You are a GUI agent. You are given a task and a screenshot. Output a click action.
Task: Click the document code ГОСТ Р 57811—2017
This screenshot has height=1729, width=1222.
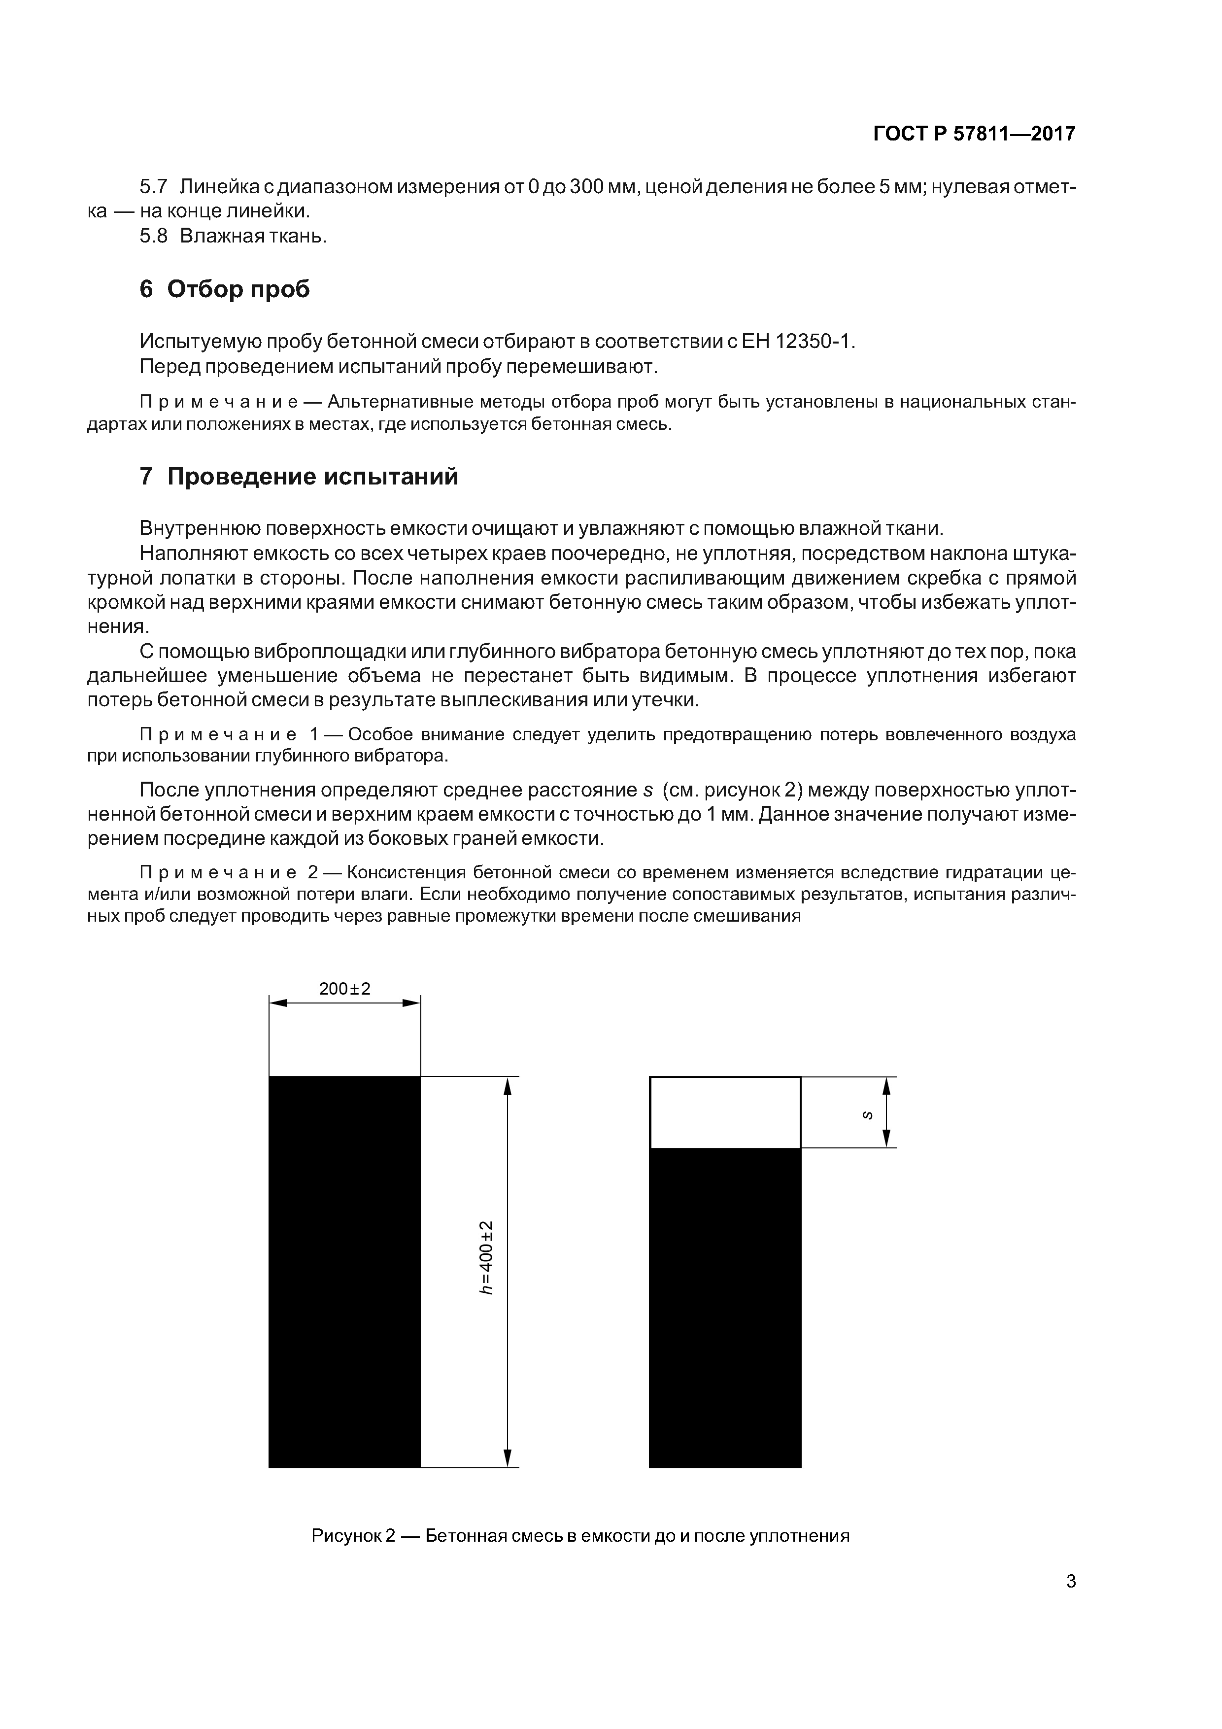pyautogui.click(x=974, y=134)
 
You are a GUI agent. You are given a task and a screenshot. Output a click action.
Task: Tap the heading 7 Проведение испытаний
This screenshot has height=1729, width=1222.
pyautogui.click(x=299, y=477)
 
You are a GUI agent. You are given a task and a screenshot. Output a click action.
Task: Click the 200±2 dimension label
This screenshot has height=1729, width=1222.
pyautogui.click(x=345, y=989)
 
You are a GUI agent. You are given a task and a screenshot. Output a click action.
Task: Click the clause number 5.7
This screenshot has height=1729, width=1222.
pyautogui.click(x=154, y=187)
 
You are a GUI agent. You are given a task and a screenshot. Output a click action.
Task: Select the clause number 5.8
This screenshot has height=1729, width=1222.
pyautogui.click(x=154, y=237)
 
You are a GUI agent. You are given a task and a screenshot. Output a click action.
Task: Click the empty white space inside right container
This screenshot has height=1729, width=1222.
pyautogui.click(x=724, y=1112)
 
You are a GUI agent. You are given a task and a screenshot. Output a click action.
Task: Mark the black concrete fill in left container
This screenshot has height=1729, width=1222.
pyautogui.click(x=344, y=1273)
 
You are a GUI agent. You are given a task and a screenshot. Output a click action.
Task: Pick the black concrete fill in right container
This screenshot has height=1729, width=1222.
pyautogui.click(x=724, y=1311)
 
